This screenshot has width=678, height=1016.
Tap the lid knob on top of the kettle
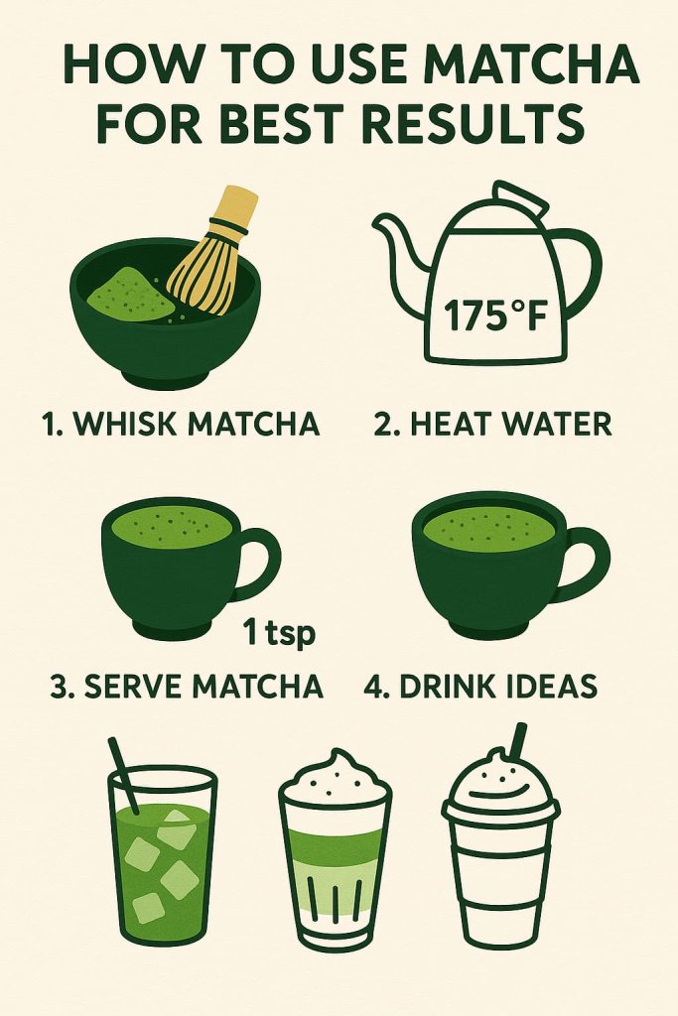[x=518, y=198]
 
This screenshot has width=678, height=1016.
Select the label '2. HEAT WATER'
[x=492, y=425]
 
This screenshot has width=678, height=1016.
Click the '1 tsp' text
[x=278, y=633]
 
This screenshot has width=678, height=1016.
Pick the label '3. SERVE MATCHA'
[x=186, y=686]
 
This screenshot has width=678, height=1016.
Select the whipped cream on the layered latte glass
[x=333, y=779]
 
